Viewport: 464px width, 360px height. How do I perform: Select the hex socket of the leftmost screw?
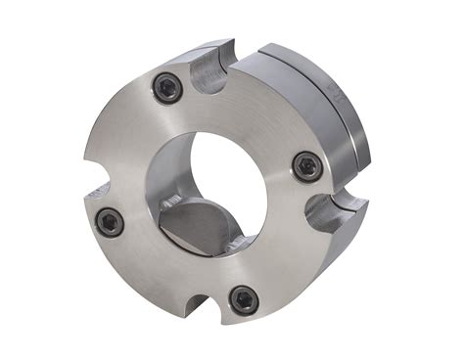pos(110,222)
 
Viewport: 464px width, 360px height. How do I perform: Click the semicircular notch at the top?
pos(212,73)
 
